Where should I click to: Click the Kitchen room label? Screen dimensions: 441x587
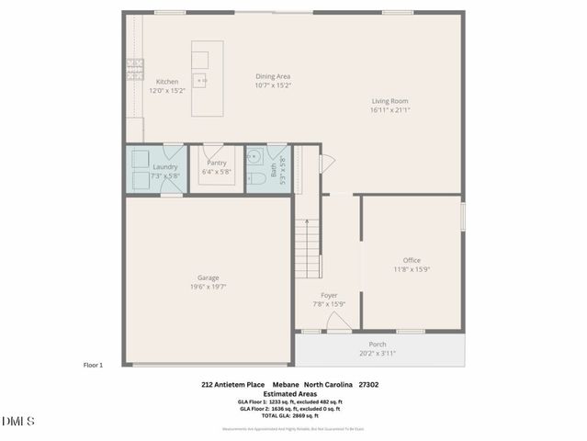pyautogui.click(x=166, y=82)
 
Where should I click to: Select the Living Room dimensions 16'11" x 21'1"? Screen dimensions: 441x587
pyautogui.click(x=389, y=110)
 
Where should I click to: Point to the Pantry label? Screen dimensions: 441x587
pyautogui.click(x=217, y=163)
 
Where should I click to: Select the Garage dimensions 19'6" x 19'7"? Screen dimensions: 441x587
pyautogui.click(x=209, y=286)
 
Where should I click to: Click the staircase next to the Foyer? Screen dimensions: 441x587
pyautogui.click(x=308, y=249)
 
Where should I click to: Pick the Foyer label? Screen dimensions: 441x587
pyautogui.click(x=329, y=296)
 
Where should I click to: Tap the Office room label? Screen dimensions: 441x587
pyautogui.click(x=412, y=260)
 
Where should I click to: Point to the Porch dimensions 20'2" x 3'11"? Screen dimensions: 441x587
pyautogui.click(x=378, y=353)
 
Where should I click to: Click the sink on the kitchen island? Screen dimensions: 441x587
pyautogui.click(x=200, y=81)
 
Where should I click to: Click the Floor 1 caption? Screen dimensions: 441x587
pyautogui.click(x=93, y=365)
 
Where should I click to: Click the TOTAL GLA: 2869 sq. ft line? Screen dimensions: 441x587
pyautogui.click(x=289, y=416)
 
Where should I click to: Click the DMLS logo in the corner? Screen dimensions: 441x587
pyautogui.click(x=18, y=422)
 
